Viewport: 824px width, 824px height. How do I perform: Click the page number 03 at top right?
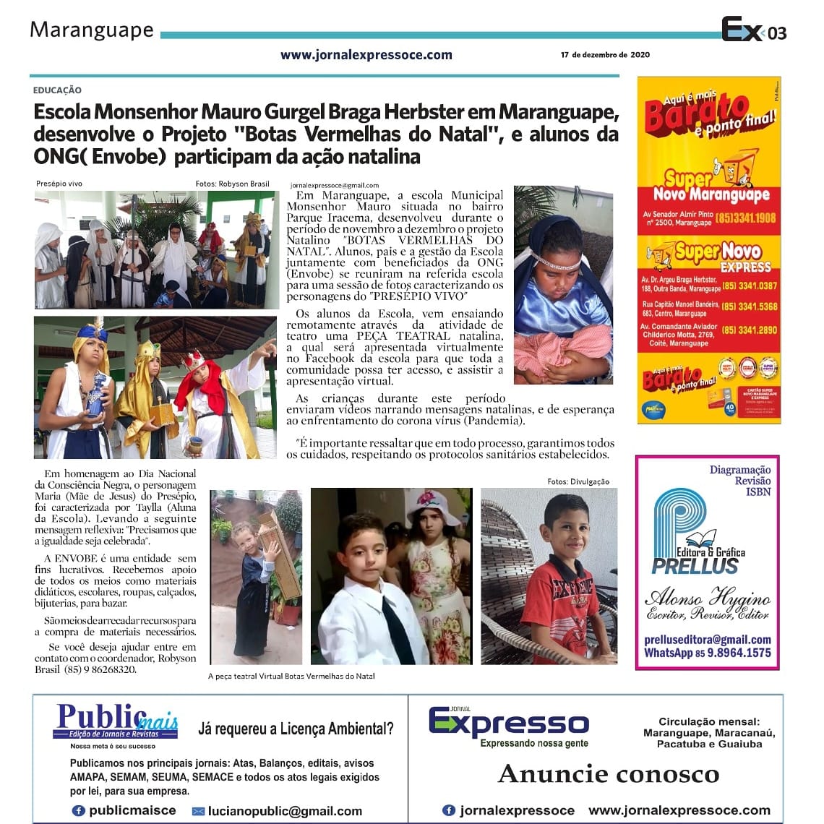click(777, 33)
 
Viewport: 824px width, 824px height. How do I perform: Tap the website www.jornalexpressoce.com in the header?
click(366, 55)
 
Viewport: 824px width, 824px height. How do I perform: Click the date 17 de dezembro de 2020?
click(605, 55)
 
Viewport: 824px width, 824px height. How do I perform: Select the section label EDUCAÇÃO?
click(57, 90)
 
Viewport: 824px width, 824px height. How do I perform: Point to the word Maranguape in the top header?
click(92, 30)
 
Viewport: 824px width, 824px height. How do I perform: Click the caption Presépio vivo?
click(59, 184)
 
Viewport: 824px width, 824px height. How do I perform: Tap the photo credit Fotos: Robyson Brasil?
click(232, 184)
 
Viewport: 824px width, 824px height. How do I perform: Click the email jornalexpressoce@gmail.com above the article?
click(334, 186)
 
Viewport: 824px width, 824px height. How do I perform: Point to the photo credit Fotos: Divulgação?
click(578, 481)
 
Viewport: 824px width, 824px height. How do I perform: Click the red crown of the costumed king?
click(194, 359)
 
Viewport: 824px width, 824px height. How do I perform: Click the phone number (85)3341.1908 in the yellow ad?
click(746, 218)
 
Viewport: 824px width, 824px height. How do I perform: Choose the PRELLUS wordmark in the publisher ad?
click(695, 566)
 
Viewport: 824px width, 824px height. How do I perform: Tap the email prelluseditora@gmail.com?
click(708, 640)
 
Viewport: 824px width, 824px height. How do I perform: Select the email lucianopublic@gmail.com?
click(285, 811)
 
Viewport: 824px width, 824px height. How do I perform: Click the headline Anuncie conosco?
click(609, 774)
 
